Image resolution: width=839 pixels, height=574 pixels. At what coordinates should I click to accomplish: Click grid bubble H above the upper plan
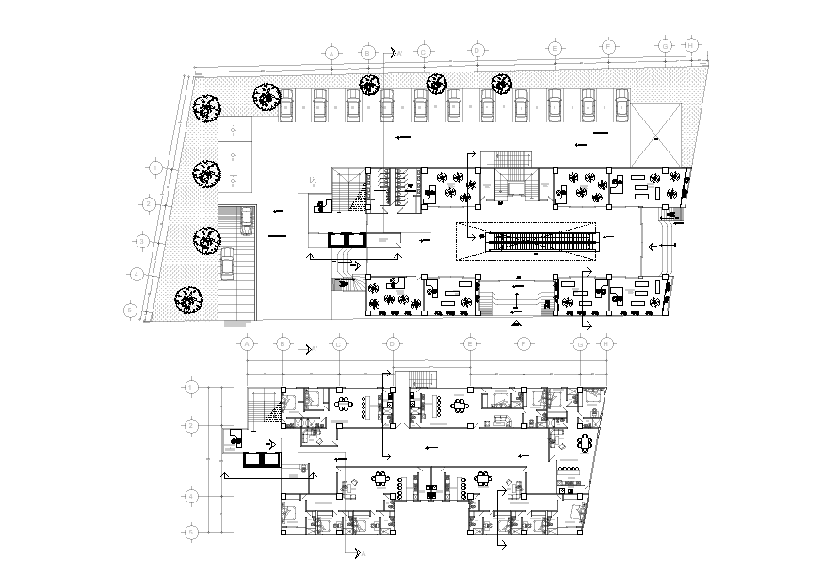pos(692,45)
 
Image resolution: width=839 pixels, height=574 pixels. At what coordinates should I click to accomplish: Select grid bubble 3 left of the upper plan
pos(141,241)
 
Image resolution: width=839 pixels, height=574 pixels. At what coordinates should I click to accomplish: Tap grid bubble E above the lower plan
pos(468,345)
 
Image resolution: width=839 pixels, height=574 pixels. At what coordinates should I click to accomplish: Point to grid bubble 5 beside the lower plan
pos(191,533)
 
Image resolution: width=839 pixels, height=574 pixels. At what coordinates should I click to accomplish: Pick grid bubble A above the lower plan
pos(248,345)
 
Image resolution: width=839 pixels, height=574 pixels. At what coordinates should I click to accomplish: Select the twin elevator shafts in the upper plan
pos(346,239)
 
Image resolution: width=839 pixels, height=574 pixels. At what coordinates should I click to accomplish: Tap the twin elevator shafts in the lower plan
pos(260,459)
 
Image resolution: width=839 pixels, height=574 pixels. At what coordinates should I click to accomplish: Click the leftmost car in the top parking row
pos(285,104)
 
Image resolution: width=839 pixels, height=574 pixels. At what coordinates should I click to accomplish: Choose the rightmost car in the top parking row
pos(621,104)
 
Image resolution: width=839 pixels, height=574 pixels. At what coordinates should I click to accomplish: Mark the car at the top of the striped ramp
pos(245,221)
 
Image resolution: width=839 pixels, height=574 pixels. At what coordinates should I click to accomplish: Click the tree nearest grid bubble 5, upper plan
pos(188,299)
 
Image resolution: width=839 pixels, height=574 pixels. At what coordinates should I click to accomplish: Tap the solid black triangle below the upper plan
pos(515,323)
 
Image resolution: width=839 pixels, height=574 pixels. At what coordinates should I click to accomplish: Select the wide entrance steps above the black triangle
pos(515,301)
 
